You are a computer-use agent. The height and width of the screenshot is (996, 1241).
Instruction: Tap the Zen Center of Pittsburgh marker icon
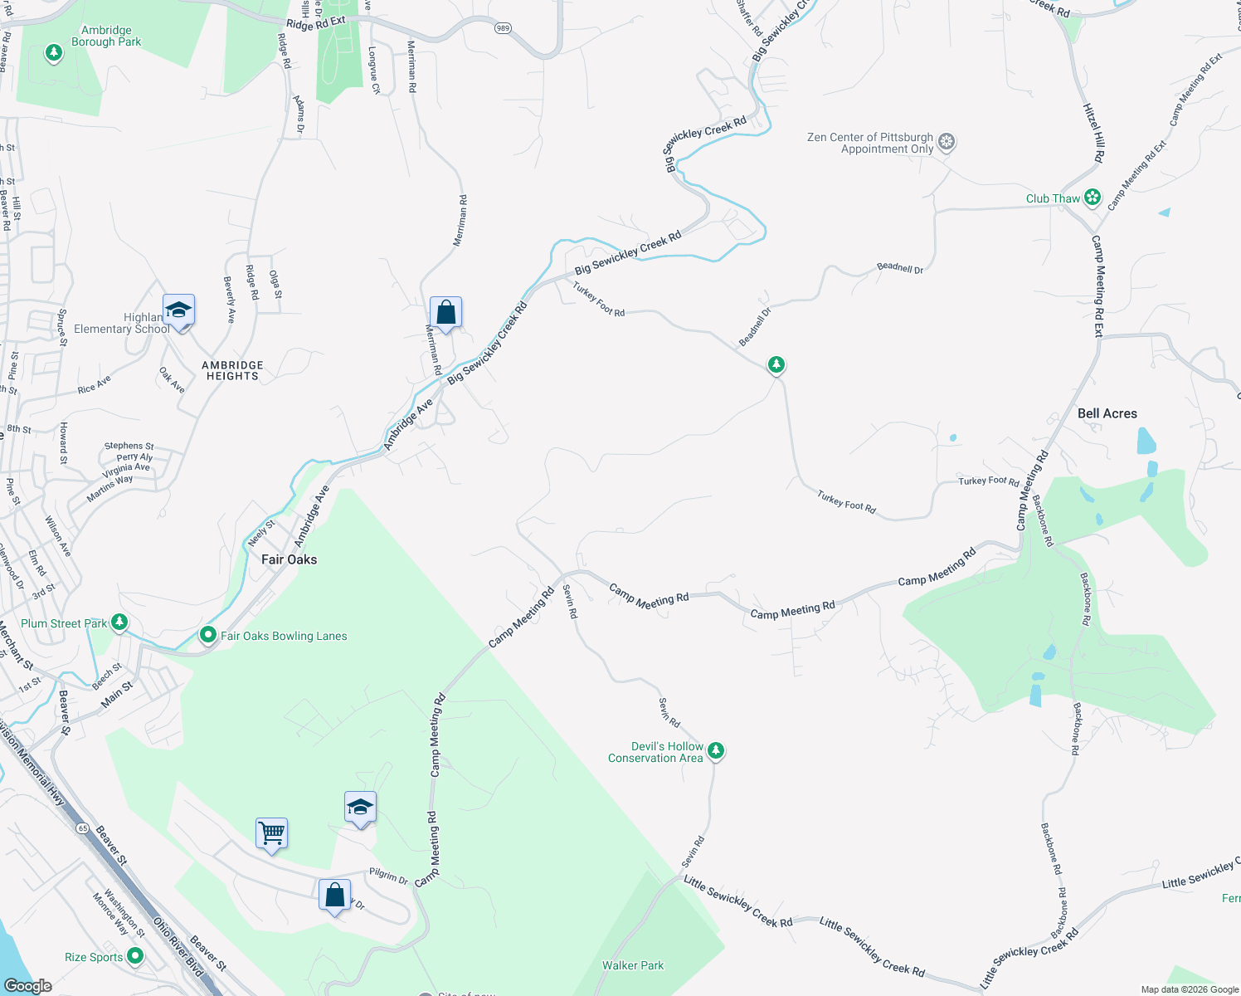(x=947, y=142)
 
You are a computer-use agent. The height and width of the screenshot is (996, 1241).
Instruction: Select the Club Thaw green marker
(x=1093, y=198)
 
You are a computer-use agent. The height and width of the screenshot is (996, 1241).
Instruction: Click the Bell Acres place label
(x=1107, y=413)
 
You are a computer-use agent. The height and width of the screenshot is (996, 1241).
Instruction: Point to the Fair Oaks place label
(x=289, y=559)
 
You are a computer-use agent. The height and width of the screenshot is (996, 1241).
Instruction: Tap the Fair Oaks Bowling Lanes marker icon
(x=208, y=636)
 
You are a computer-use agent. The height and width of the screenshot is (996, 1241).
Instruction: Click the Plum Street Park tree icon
(x=119, y=622)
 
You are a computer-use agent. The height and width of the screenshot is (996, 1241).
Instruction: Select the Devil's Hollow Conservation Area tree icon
(x=715, y=750)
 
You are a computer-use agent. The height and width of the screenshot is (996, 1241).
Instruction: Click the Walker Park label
(x=633, y=965)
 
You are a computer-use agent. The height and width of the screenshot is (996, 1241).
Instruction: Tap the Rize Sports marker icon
(x=134, y=956)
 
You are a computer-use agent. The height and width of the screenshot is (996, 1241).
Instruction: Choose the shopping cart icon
(x=272, y=832)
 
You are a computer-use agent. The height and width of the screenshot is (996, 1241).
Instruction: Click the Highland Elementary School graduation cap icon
(x=178, y=310)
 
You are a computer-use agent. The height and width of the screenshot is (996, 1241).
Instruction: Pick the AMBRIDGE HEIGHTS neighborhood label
(x=232, y=370)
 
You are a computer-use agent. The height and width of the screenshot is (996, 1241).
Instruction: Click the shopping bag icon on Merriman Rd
(x=445, y=313)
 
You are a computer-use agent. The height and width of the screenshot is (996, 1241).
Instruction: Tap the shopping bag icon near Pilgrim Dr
(x=334, y=896)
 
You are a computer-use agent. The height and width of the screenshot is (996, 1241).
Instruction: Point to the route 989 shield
(x=503, y=28)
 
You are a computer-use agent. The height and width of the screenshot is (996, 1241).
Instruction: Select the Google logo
(x=27, y=985)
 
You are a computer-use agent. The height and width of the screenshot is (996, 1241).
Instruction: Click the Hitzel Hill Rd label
(x=1094, y=133)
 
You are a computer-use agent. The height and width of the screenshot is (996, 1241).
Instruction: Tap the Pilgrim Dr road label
(x=388, y=876)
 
